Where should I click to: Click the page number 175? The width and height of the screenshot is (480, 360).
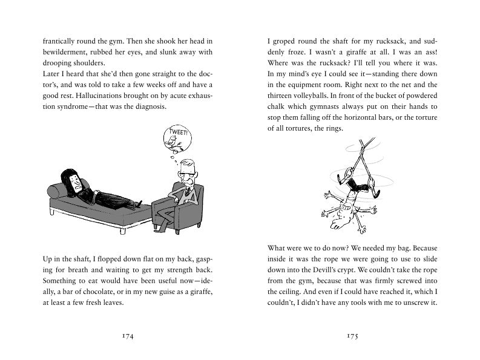pyautogui.click(x=353, y=336)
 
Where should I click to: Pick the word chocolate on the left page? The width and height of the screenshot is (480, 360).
pyautogui.click(x=117, y=292)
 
